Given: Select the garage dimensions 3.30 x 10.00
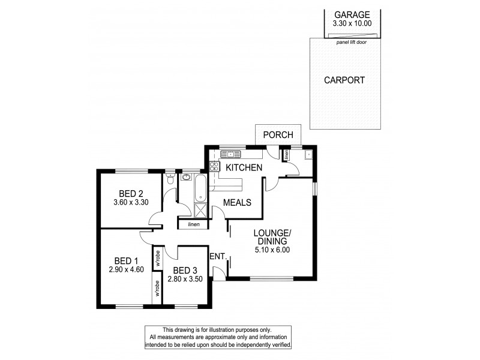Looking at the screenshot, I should (x=352, y=24).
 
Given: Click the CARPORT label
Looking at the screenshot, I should (x=344, y=80).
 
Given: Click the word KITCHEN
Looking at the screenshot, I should (x=243, y=167).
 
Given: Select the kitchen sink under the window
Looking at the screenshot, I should (x=230, y=154).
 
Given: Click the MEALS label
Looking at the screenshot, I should (x=236, y=203).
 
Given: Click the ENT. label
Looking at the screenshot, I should (x=218, y=257).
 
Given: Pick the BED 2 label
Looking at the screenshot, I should (x=130, y=193).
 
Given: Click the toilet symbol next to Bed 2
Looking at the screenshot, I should (x=170, y=179).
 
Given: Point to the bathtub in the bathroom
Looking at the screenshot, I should (x=200, y=188).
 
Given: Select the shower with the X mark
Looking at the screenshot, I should (x=200, y=211).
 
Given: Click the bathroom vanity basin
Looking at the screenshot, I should (x=185, y=177).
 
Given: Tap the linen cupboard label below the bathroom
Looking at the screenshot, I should (x=193, y=224).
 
